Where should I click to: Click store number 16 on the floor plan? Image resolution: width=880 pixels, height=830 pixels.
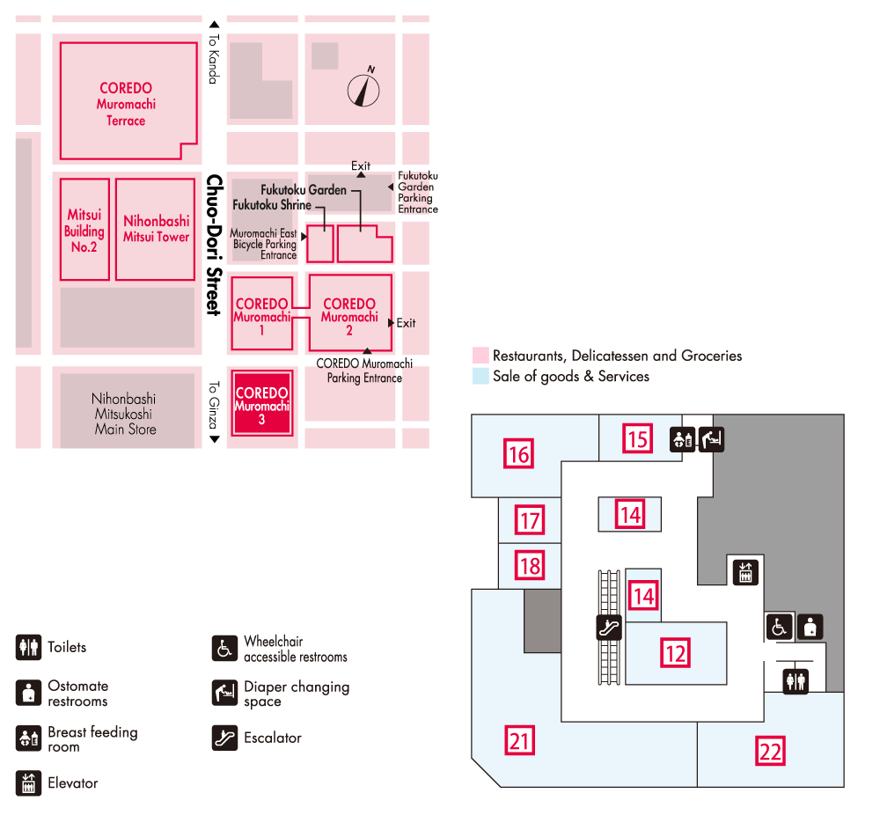pos(519,454)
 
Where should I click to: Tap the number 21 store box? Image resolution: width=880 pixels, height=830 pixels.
pos(520,740)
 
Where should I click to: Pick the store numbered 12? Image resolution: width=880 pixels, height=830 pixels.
pos(675,653)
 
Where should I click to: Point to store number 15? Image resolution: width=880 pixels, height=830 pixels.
pos(637,438)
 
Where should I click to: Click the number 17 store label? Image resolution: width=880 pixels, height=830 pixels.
pos(529,520)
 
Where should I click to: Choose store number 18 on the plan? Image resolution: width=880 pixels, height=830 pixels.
pos(529,565)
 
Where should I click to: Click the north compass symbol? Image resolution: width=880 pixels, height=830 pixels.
pos(363,89)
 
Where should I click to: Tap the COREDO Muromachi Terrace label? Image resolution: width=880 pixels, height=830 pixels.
pos(126,104)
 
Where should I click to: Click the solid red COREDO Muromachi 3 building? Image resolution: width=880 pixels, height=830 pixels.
pos(261,402)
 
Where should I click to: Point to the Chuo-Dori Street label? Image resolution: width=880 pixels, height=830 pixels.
pos(212,245)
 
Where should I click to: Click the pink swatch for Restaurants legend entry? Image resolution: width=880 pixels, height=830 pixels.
pos(480,356)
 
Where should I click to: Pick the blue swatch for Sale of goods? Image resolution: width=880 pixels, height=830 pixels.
pos(480,376)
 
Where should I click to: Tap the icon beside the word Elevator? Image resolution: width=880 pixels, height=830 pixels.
pos(28,782)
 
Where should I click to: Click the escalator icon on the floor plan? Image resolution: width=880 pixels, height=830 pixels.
pos(609,627)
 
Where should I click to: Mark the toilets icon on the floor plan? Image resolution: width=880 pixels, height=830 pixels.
pos(796,680)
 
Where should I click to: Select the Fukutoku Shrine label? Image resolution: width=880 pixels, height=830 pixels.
pos(272,205)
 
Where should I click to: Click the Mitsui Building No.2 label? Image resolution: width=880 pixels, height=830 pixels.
pos(84,231)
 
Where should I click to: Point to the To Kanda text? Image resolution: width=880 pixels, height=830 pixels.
pos(212,59)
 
